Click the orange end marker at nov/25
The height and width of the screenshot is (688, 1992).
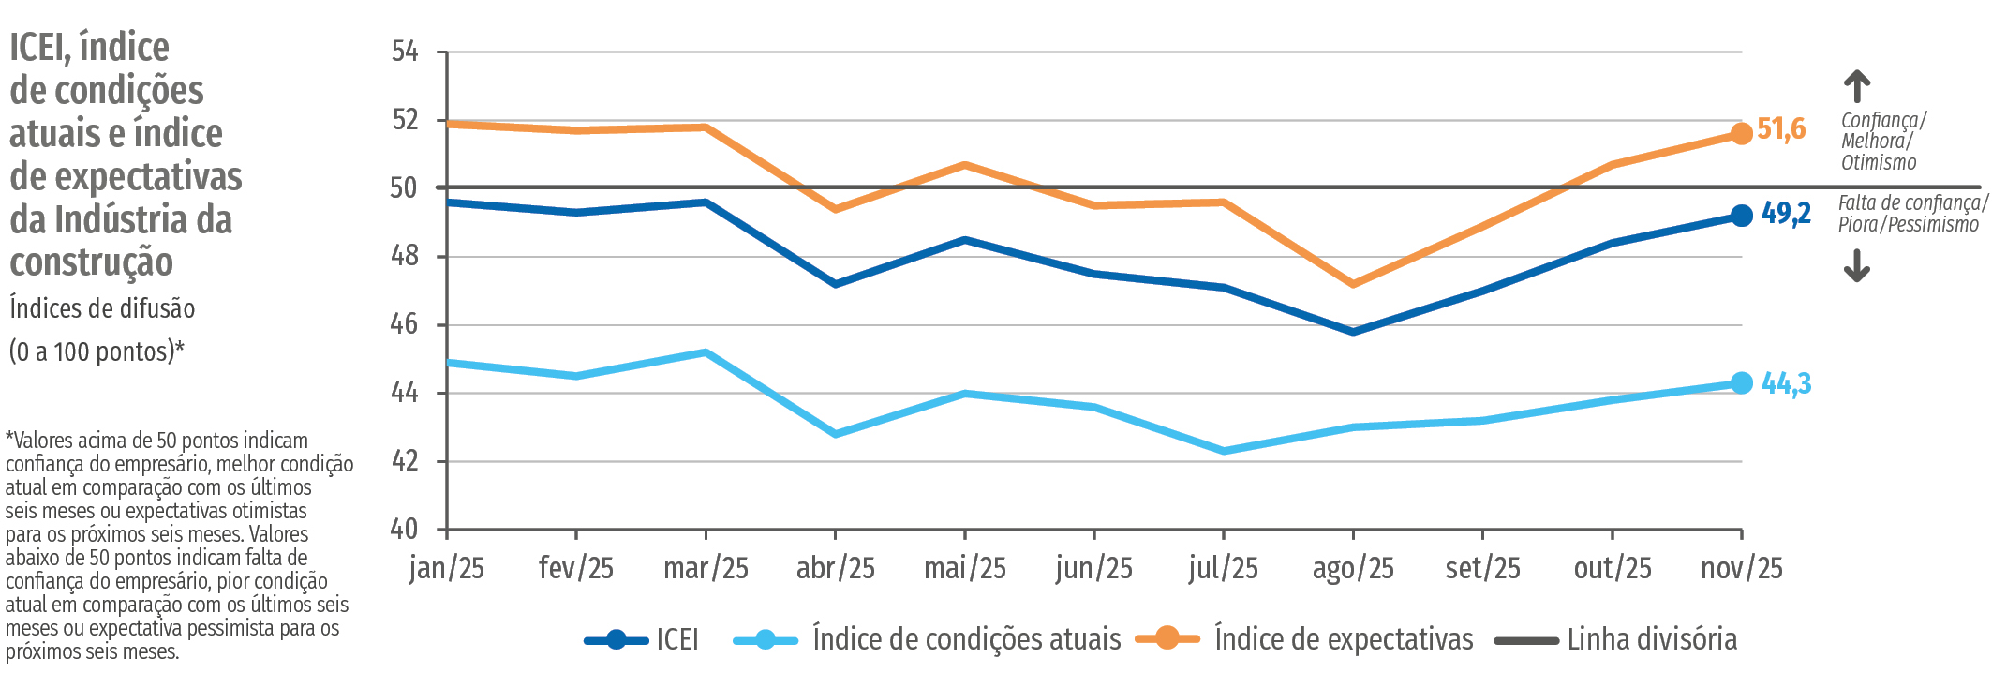1741,134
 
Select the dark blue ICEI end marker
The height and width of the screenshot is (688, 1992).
1741,216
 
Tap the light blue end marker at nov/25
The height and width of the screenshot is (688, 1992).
1741,382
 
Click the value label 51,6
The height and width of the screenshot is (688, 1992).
1781,129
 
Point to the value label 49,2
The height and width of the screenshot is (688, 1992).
1786,214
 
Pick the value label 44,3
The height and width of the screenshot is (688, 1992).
1786,383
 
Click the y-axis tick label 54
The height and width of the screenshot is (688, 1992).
405,52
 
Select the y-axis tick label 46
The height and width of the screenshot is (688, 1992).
405,324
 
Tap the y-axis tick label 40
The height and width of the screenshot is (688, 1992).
405,529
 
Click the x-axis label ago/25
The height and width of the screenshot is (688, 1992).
1353,568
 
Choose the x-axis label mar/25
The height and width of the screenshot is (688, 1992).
706,568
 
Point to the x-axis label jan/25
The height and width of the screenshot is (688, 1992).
447,568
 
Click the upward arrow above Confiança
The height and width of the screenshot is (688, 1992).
1857,87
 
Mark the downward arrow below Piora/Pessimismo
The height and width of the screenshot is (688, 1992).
1857,267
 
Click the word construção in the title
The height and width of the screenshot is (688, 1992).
92,262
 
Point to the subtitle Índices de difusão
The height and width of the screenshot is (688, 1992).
102,308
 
